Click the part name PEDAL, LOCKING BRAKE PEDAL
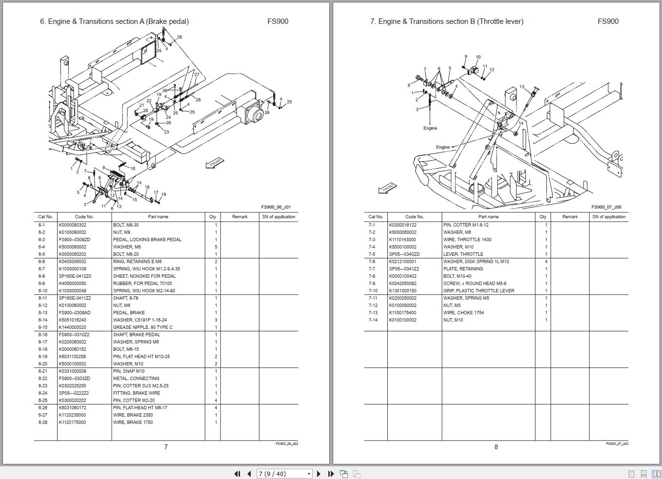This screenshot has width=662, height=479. point(147,240)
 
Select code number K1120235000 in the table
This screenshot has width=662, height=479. point(72,415)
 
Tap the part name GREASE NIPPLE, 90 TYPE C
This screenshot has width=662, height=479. point(143,327)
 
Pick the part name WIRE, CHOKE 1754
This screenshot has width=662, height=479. point(463,312)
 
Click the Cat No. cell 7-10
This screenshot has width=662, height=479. point(373,291)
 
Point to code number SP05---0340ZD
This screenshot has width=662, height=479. point(404,254)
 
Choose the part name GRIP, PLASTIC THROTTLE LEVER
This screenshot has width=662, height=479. point(479,291)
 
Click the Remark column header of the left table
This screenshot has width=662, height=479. point(240,217)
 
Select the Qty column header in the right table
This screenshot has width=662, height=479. point(543,217)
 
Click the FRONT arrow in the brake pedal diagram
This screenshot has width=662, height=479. point(215,163)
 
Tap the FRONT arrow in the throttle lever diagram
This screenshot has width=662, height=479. point(388,188)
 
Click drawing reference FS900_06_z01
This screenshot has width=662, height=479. point(276,207)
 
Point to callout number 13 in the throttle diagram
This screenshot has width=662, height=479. point(522,86)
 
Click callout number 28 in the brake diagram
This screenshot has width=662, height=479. point(198,100)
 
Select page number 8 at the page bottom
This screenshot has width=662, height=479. point(496,447)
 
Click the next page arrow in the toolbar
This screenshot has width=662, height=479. point(319,474)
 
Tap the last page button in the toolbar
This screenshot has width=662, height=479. point(331,474)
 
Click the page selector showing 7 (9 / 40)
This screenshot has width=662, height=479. point(284,474)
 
